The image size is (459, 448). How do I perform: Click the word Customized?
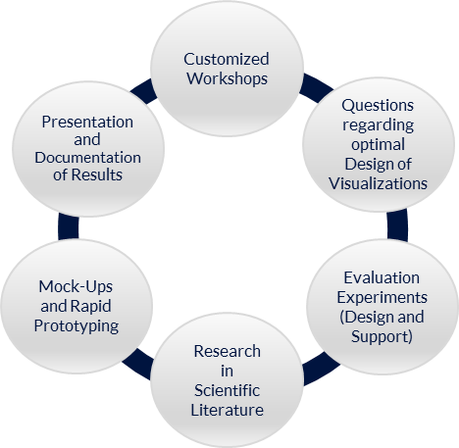click(227, 59)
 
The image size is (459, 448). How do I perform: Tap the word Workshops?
click(227, 79)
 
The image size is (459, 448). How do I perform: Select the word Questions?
click(378, 106)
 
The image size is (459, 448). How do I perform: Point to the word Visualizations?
click(378, 183)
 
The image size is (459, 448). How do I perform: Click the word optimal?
click(378, 145)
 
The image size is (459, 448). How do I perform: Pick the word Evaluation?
click(382, 278)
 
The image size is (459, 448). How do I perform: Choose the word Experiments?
click(382, 298)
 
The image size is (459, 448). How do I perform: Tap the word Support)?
click(382, 337)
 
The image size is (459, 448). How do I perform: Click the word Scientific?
click(227, 390)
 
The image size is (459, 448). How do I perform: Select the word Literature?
click(227, 410)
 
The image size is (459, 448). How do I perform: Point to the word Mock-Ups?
click(76, 287)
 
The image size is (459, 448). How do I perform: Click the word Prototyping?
click(76, 326)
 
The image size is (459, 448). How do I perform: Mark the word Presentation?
click(87, 123)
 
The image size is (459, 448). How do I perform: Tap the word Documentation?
click(87, 158)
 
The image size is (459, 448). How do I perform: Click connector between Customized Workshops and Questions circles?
click(316, 87)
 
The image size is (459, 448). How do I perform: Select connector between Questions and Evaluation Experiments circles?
click(397, 225)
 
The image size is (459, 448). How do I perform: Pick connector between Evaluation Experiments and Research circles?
click(321, 369)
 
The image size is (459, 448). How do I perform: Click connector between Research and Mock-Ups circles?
click(137, 364)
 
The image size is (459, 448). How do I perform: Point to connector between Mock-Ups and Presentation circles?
click(69, 226)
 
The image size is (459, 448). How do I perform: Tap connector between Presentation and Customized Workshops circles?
click(144, 91)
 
